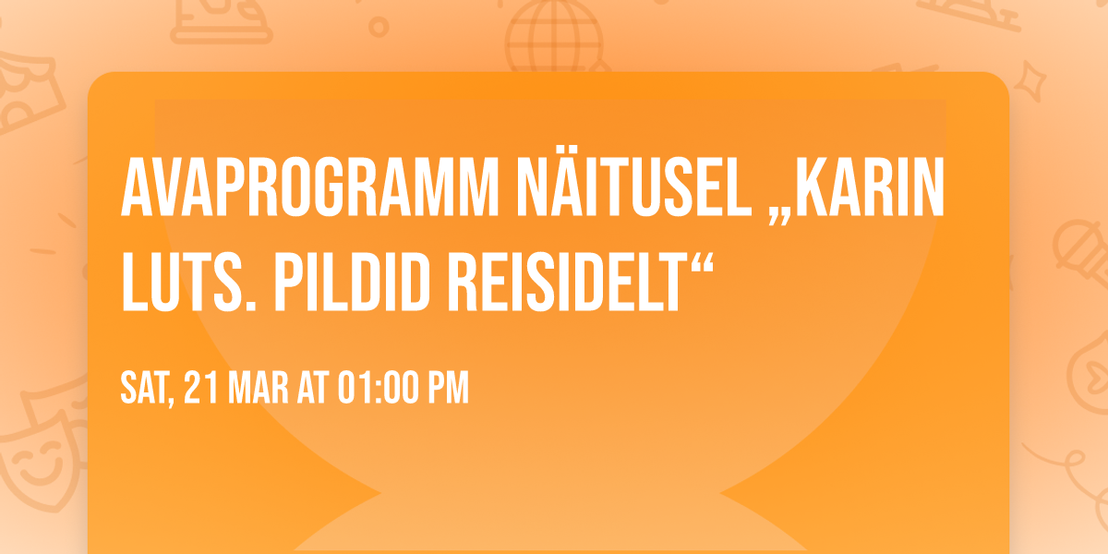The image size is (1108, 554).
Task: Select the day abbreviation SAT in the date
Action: [146, 389]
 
